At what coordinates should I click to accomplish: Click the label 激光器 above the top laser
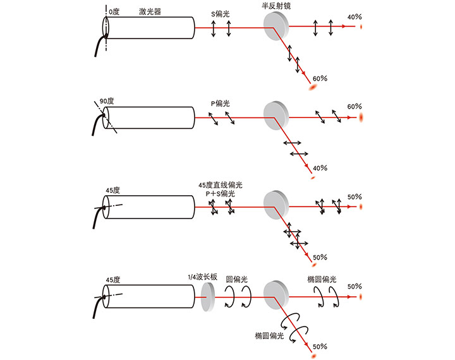click(x=150, y=11)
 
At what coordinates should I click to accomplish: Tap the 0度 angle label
click(x=114, y=11)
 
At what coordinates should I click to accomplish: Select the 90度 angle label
click(x=107, y=101)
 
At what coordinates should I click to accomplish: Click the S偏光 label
click(x=221, y=14)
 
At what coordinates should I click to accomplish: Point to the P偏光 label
click(x=221, y=104)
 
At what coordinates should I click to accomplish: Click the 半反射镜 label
click(x=276, y=6)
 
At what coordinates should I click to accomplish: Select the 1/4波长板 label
click(x=203, y=277)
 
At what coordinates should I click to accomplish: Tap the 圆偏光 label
click(x=236, y=279)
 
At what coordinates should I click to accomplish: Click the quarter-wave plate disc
click(x=207, y=297)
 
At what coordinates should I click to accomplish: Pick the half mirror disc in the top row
click(x=276, y=26)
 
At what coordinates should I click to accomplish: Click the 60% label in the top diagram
click(x=320, y=78)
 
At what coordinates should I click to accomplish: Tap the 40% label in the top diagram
click(x=355, y=17)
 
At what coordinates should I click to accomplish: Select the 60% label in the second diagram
click(x=355, y=107)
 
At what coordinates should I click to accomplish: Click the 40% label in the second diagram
click(x=320, y=168)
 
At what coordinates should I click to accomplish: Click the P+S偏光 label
click(x=221, y=193)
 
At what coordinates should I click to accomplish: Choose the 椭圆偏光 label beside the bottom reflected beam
click(x=269, y=335)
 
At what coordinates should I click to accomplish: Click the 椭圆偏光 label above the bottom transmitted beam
click(x=322, y=279)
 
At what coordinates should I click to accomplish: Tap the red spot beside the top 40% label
click(x=361, y=27)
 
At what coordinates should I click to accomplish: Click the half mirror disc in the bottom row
click(x=276, y=295)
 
